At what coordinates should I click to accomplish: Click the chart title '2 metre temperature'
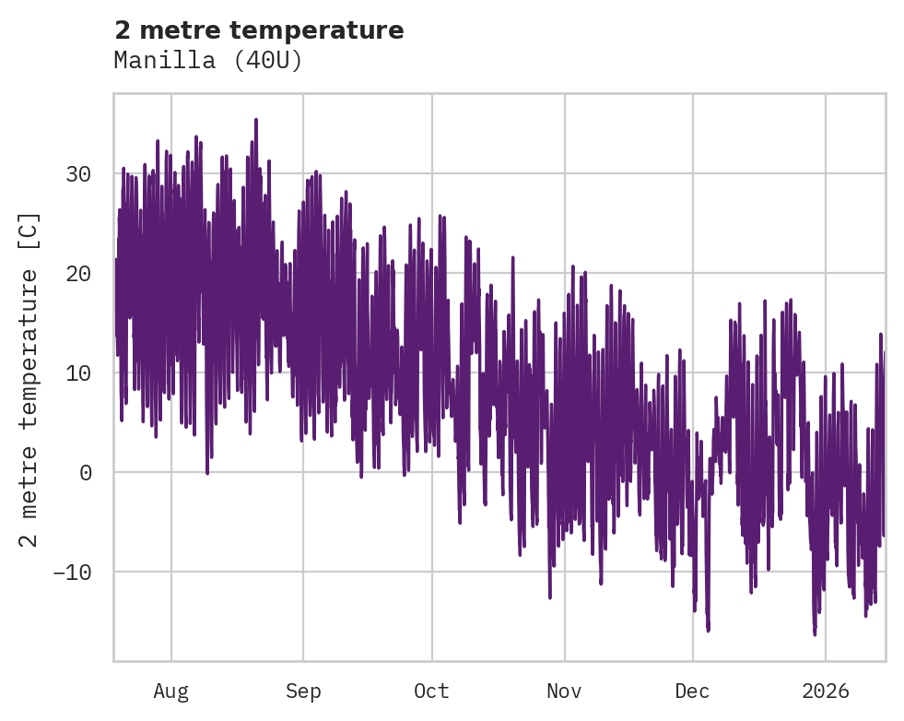(x=259, y=30)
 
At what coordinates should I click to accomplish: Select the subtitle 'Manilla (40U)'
(x=208, y=61)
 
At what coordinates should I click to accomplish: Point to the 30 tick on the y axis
(x=79, y=174)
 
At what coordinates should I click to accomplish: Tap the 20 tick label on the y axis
(x=79, y=274)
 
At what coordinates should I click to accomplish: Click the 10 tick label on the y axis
(x=79, y=373)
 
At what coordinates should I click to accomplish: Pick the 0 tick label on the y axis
(x=86, y=473)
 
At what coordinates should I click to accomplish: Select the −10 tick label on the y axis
(x=72, y=573)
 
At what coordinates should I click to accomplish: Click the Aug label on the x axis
(x=170, y=691)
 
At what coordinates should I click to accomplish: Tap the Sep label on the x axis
(x=302, y=691)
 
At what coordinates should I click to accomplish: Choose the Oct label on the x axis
(x=431, y=691)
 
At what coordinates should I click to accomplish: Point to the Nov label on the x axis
(x=564, y=691)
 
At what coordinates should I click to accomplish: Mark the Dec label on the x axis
(x=692, y=691)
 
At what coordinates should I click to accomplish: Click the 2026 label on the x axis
(x=826, y=691)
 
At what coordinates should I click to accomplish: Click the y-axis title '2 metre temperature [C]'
(x=29, y=378)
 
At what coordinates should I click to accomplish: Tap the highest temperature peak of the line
(x=256, y=120)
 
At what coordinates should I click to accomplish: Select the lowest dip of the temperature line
(x=815, y=634)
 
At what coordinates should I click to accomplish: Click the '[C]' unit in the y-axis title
(x=29, y=230)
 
